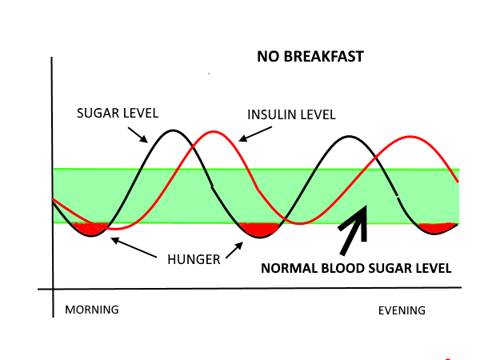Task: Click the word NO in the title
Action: pos(266,57)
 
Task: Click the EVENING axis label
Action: pos(402,310)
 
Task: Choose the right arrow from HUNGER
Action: pos(234,250)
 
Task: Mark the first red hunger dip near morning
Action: pos(89,230)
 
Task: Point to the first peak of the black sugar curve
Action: pos(173,130)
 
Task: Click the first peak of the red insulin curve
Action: pos(213,131)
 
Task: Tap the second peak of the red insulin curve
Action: pos(408,137)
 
